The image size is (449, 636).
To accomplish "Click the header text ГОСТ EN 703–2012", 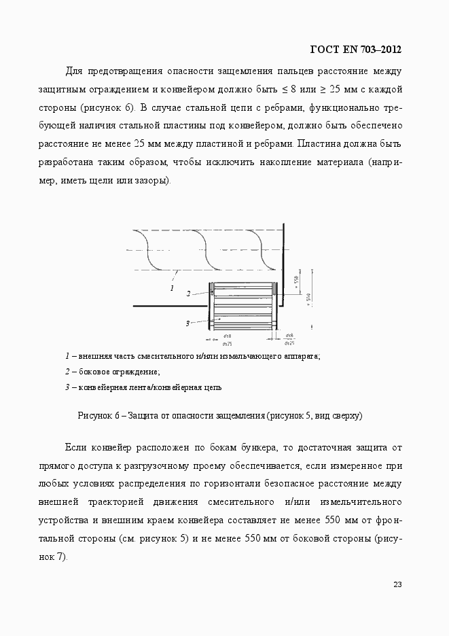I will (x=355, y=49).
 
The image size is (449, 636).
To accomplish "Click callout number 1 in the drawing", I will (x=172, y=288).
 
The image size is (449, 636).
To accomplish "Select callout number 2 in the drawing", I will (x=188, y=294).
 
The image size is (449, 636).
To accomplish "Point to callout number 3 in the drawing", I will (x=187, y=323).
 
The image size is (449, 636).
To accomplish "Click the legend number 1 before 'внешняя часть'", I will (x=67, y=356).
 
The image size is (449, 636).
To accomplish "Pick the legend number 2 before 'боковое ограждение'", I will (x=67, y=372).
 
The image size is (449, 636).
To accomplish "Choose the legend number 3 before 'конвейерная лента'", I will (x=67, y=387).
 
